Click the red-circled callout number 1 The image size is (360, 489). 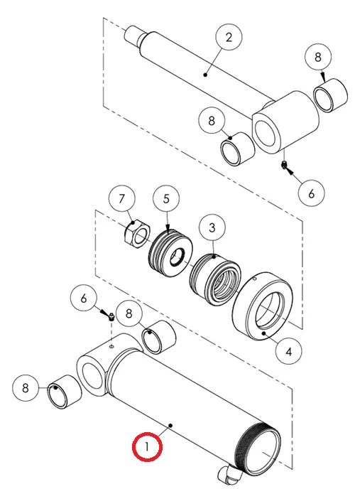tap(147, 447)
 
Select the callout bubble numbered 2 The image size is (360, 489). tap(229, 37)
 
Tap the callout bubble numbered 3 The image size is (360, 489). tap(212, 227)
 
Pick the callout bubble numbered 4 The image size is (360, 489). tap(288, 351)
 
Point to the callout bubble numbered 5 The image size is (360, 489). tap(166, 198)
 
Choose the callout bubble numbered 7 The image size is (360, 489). tap(122, 198)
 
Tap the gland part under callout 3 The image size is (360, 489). tap(215, 279)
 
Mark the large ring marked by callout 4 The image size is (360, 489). tap(263, 306)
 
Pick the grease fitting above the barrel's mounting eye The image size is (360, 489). tap(111, 317)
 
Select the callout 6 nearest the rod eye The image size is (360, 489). tap(311, 193)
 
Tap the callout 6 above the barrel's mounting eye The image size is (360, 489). tap(83, 299)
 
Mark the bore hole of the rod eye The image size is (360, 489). tap(266, 134)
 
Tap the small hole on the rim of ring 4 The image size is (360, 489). tap(255, 279)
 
